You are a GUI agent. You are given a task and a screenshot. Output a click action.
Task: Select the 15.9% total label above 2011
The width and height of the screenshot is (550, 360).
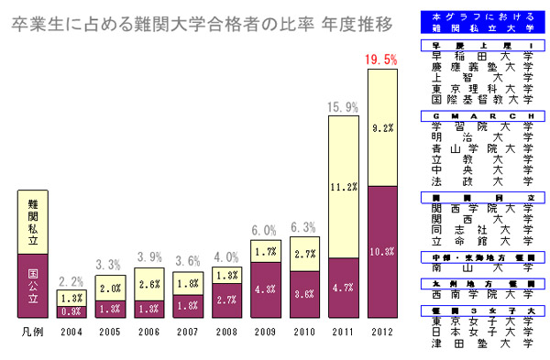click(342, 107)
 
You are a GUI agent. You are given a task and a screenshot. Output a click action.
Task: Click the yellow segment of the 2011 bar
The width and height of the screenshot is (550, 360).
click(343, 188)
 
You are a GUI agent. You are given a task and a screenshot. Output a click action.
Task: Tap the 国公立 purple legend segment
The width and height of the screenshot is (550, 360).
click(33, 284)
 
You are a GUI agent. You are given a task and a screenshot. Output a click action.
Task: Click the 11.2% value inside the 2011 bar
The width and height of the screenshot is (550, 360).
click(343, 187)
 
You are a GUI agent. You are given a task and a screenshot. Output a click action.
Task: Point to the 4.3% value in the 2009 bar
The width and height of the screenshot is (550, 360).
click(265, 289)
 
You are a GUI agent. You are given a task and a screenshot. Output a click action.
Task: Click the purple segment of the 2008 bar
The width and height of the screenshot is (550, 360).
click(226, 300)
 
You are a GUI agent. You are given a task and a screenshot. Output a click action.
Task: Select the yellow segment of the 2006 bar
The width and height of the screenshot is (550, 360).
click(148, 284)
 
